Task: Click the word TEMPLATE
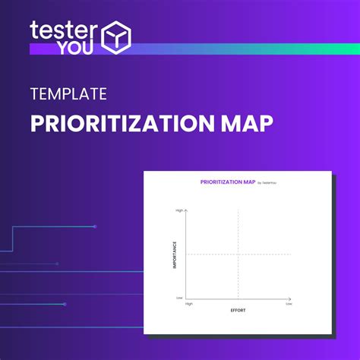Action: [x=68, y=95]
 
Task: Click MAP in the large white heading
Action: [x=244, y=123]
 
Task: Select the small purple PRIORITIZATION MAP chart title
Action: [x=227, y=182]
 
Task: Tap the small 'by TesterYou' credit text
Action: [x=268, y=183]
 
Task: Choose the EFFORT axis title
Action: [x=238, y=311]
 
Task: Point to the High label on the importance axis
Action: [x=179, y=210]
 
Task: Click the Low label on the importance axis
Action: [x=180, y=298]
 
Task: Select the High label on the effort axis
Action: [x=188, y=304]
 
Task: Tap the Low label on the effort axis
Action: [x=289, y=304]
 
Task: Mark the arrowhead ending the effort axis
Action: [x=291, y=298]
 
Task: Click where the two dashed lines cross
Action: [x=238, y=254]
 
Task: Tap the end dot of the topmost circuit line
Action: [x=95, y=226]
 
